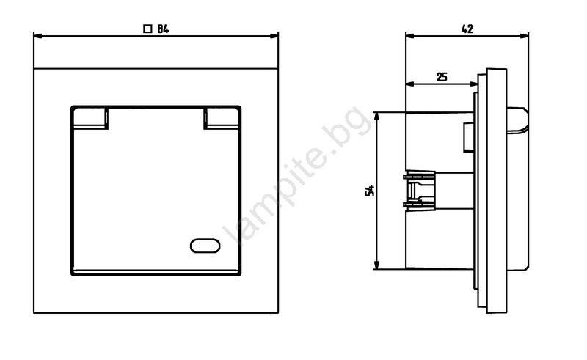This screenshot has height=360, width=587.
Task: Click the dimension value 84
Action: [163, 29]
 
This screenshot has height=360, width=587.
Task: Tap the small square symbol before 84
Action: [148, 29]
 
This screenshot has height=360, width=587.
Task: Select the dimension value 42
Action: [467, 29]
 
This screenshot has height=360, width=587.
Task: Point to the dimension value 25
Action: [442, 77]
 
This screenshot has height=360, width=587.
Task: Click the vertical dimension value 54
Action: [370, 191]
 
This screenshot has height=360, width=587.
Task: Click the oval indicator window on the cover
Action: [205, 246]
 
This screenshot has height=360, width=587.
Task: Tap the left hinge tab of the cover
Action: [90, 118]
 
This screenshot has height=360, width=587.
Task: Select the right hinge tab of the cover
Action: [222, 118]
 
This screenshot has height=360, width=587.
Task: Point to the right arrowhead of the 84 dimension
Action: [274, 36]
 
